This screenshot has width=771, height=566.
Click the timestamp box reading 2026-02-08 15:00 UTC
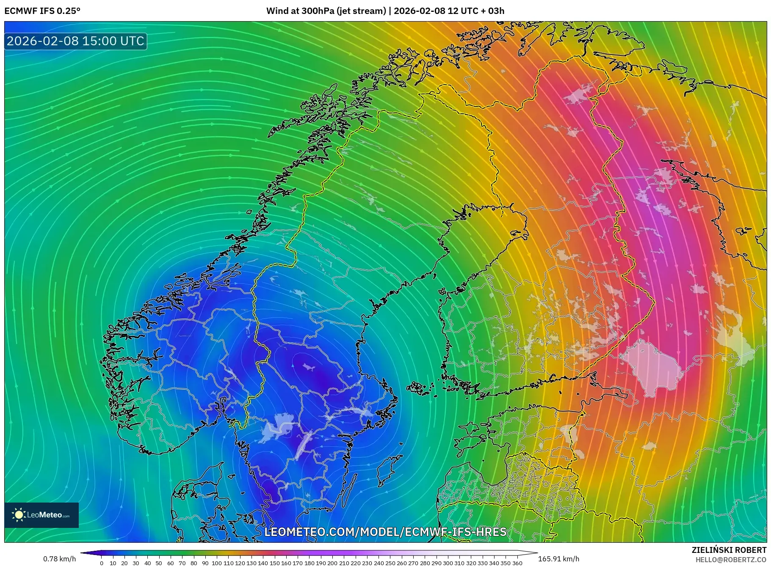point(75,41)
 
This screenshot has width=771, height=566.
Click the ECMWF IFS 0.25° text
point(42,11)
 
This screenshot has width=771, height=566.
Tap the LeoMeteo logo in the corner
point(41,515)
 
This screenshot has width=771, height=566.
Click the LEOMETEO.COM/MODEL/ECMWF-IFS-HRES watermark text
point(385,532)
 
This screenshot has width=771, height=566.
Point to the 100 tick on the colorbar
point(217,563)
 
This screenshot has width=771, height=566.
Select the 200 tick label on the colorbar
point(332,563)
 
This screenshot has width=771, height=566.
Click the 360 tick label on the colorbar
point(517,563)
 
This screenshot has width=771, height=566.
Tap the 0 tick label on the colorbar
point(102,563)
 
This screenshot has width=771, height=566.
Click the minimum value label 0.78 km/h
point(60,559)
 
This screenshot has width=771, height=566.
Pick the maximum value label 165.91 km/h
point(558,559)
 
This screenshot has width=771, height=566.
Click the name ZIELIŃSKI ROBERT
point(729,550)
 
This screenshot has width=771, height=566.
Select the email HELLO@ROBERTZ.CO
point(730,560)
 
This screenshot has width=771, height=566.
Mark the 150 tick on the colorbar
point(274,563)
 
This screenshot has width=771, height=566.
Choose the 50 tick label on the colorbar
point(159,563)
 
